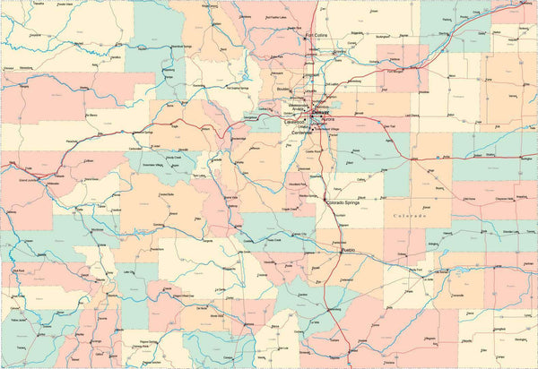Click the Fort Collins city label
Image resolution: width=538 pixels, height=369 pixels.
317,36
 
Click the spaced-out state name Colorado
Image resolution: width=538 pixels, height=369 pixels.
409,216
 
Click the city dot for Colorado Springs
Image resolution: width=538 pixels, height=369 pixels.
325,203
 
